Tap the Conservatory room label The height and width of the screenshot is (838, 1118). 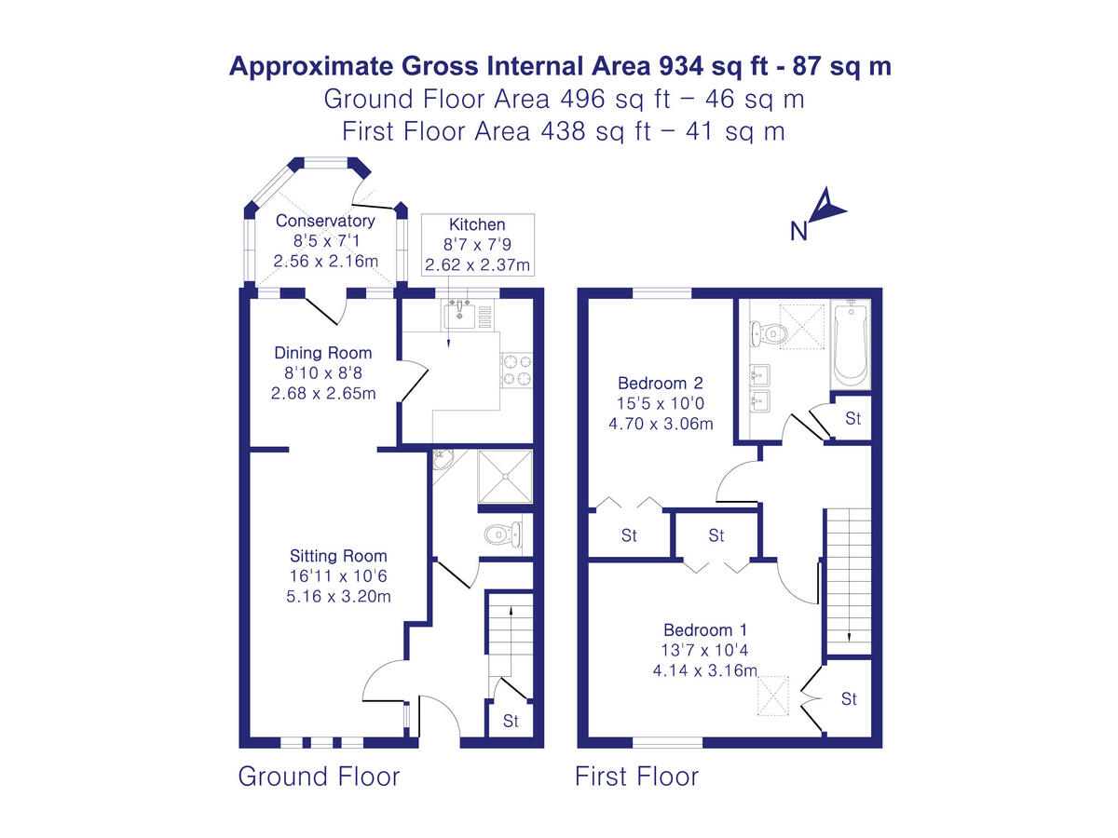tap(325, 221)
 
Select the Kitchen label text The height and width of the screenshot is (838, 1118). tap(477, 224)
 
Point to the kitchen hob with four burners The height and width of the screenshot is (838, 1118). tap(517, 370)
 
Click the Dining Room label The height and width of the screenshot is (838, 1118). tap(322, 353)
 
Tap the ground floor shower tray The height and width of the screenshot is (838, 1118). tap(506, 478)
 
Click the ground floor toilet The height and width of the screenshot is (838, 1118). tap(502, 534)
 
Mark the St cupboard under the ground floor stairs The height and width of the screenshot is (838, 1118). tap(511, 721)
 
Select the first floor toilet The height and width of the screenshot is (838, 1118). tap(770, 331)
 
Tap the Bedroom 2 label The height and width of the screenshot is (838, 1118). tap(660, 383)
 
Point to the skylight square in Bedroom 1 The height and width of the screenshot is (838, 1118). tap(772, 697)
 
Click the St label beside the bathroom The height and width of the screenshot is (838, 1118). tap(852, 419)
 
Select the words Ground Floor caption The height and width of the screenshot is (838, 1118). tap(319, 777)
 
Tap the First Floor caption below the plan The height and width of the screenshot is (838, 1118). tap(636, 777)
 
